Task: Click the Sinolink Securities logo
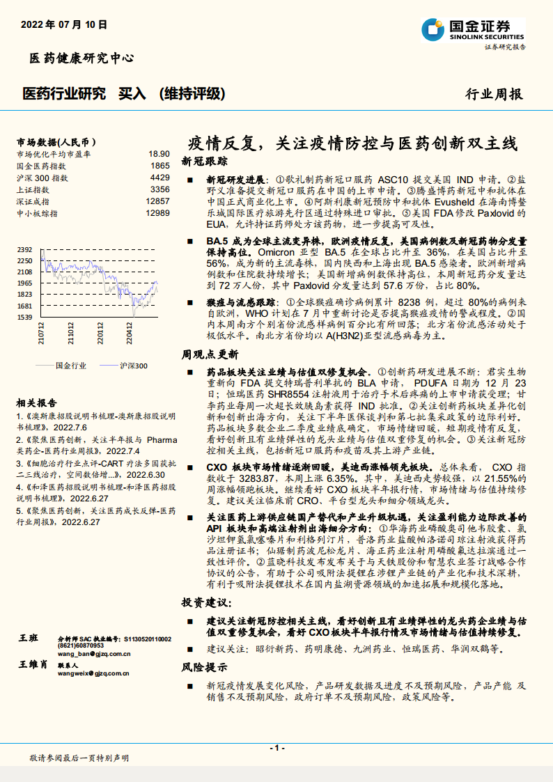point(473,31)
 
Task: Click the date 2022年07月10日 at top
point(64,24)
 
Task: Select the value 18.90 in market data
point(159,154)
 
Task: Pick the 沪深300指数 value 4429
point(160,178)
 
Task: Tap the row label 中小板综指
point(37,213)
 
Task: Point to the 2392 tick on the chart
point(25,249)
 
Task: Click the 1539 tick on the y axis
point(25,317)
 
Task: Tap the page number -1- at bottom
point(276,748)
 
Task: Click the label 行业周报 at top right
point(493,95)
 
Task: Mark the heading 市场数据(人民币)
point(56,141)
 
